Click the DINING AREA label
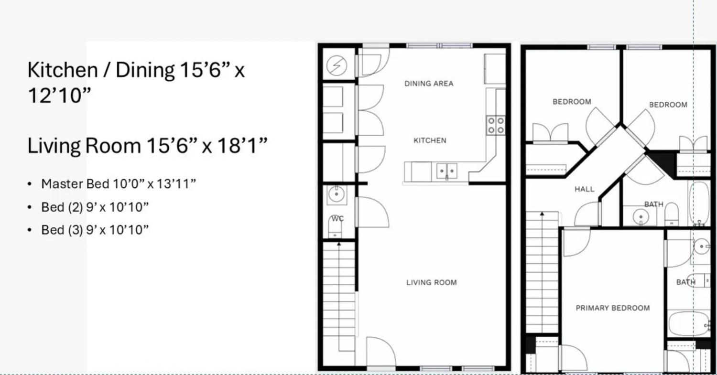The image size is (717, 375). (429, 84)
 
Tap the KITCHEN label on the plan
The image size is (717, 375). (430, 140)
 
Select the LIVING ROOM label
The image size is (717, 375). (432, 282)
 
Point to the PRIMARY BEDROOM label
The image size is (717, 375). (613, 308)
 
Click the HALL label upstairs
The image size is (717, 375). (585, 189)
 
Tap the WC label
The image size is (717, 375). (337, 218)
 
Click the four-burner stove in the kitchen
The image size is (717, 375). (496, 125)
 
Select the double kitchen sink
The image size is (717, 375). (447, 171)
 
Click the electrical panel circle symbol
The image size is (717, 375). (337, 65)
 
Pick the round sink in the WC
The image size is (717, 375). (337, 194)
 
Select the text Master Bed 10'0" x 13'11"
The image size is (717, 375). (119, 184)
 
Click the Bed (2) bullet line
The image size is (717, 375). (95, 207)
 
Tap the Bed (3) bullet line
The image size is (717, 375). (95, 230)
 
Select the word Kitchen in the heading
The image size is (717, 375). (63, 70)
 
